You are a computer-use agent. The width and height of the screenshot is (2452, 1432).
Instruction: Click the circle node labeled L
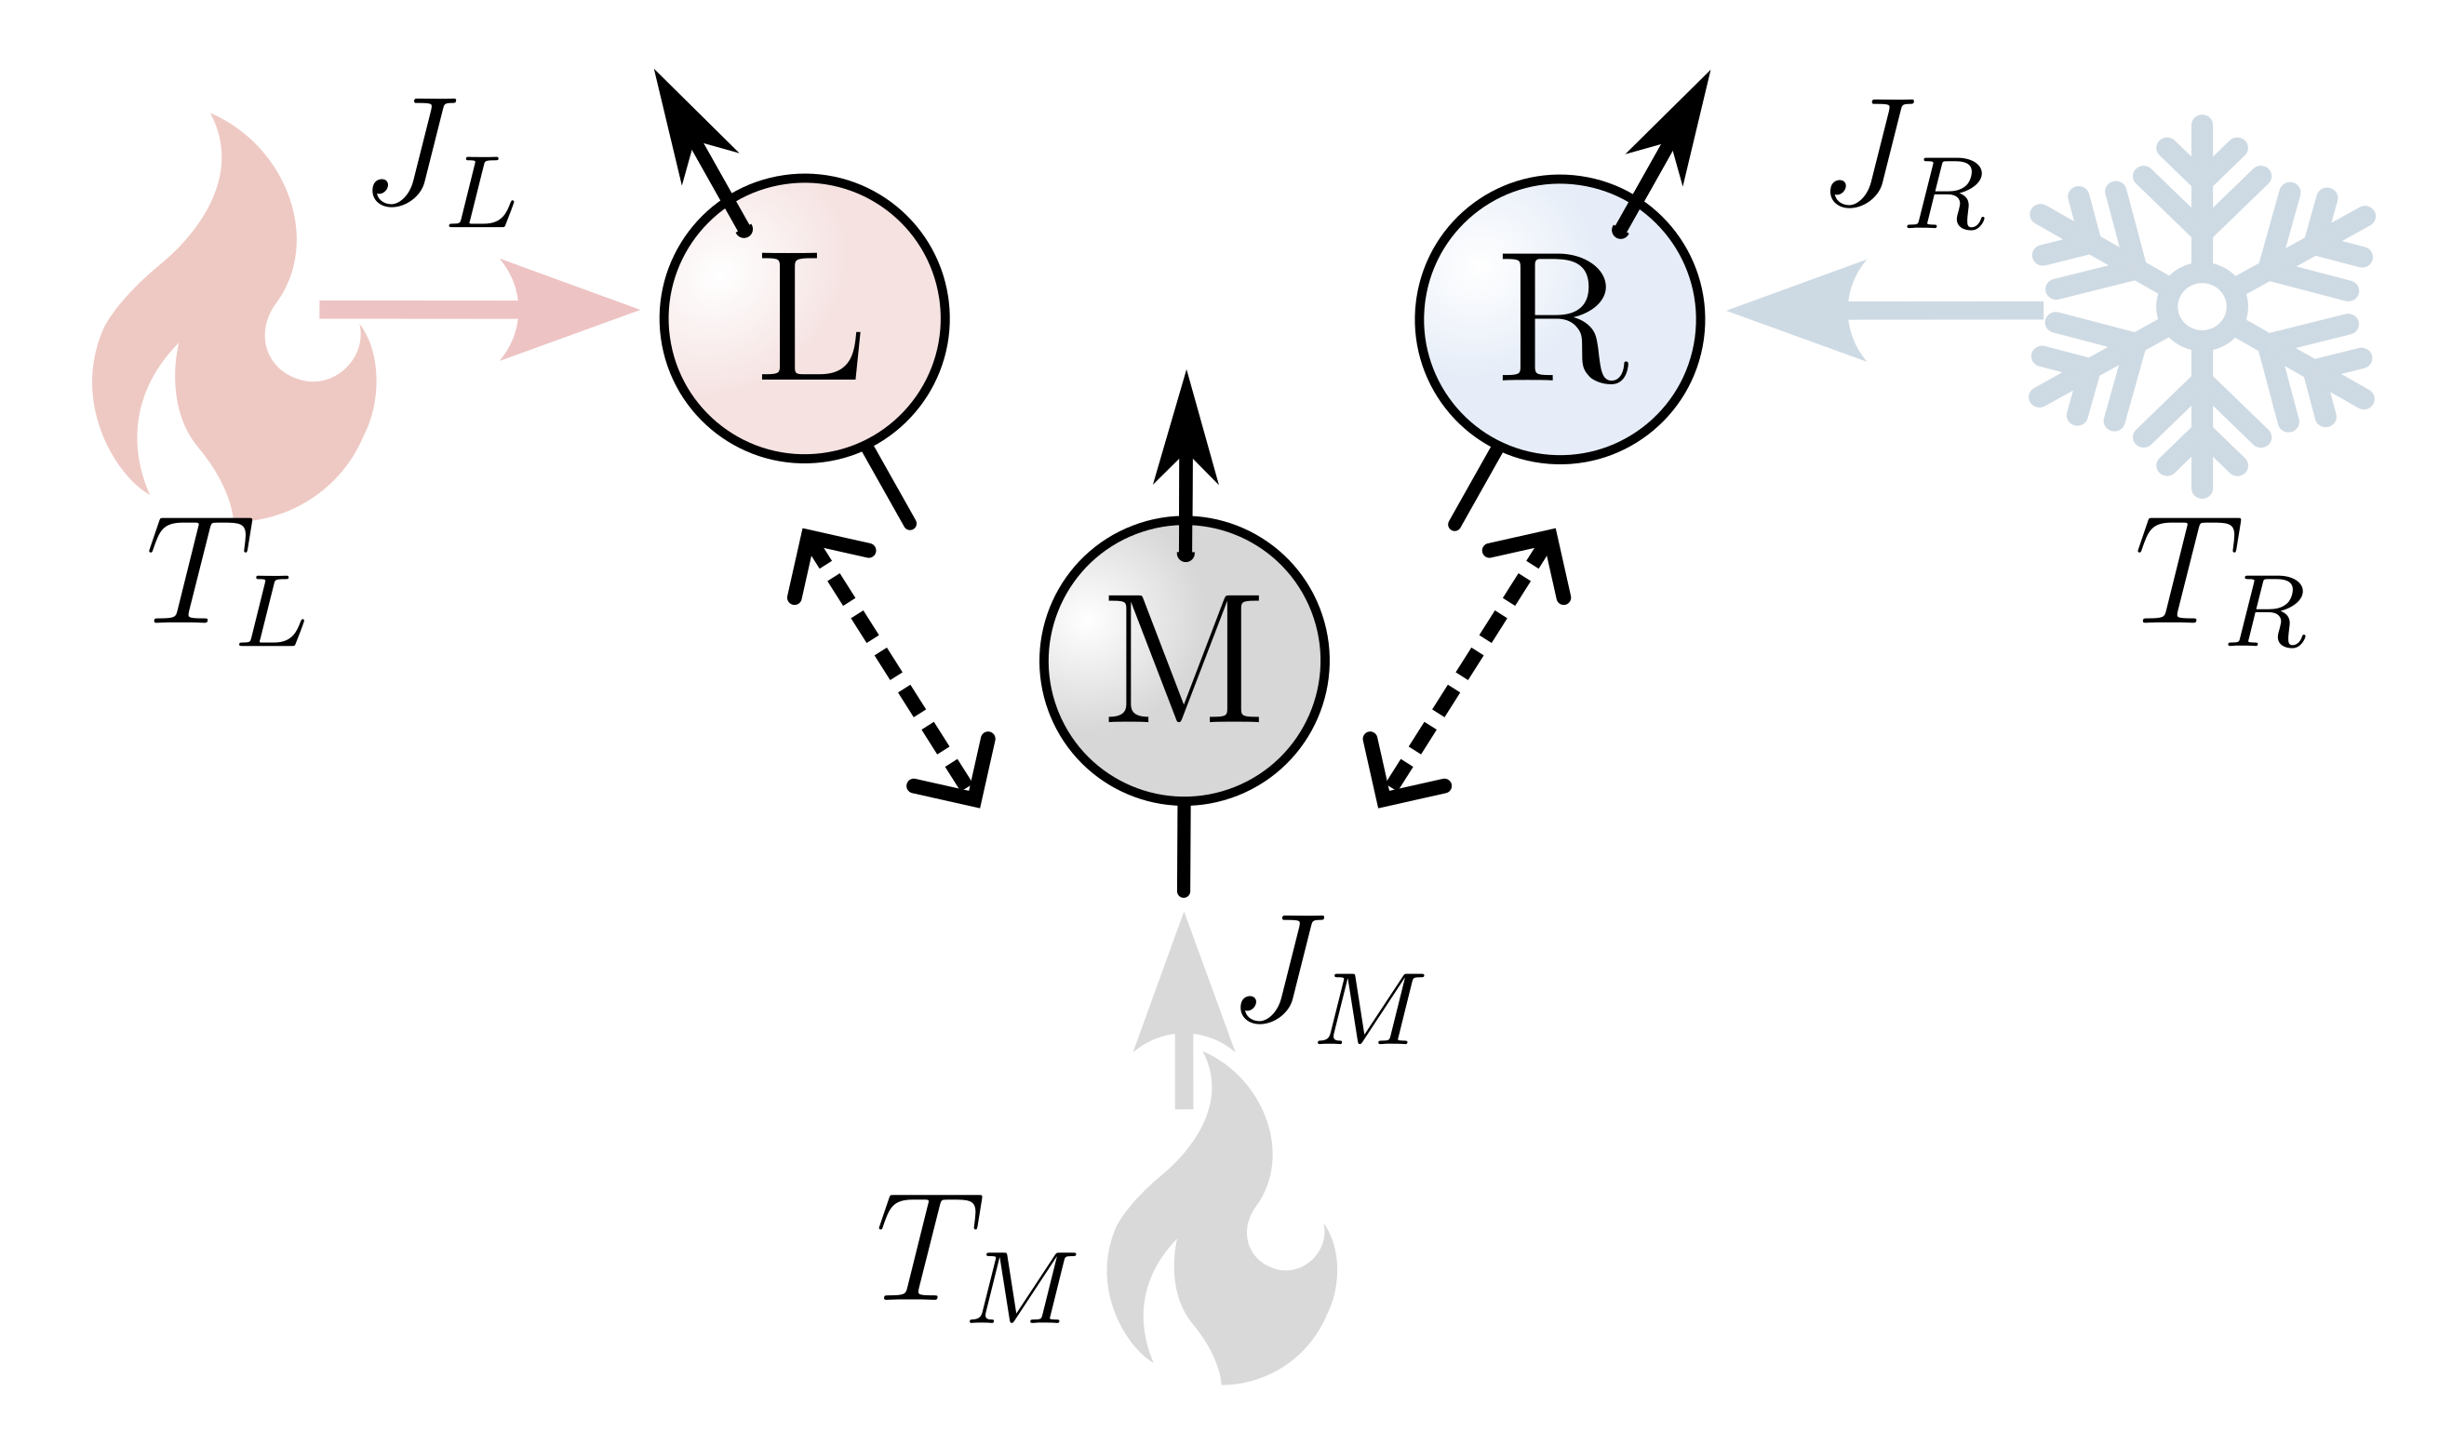804,318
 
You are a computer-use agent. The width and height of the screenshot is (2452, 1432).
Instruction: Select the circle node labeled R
1559,318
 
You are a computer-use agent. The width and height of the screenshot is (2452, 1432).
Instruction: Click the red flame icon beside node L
234,321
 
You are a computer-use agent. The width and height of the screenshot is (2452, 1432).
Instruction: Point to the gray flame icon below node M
1221,1236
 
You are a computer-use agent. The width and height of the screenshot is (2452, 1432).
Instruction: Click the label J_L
443,163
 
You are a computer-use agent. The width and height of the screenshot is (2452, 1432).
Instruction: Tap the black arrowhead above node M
1186,433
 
